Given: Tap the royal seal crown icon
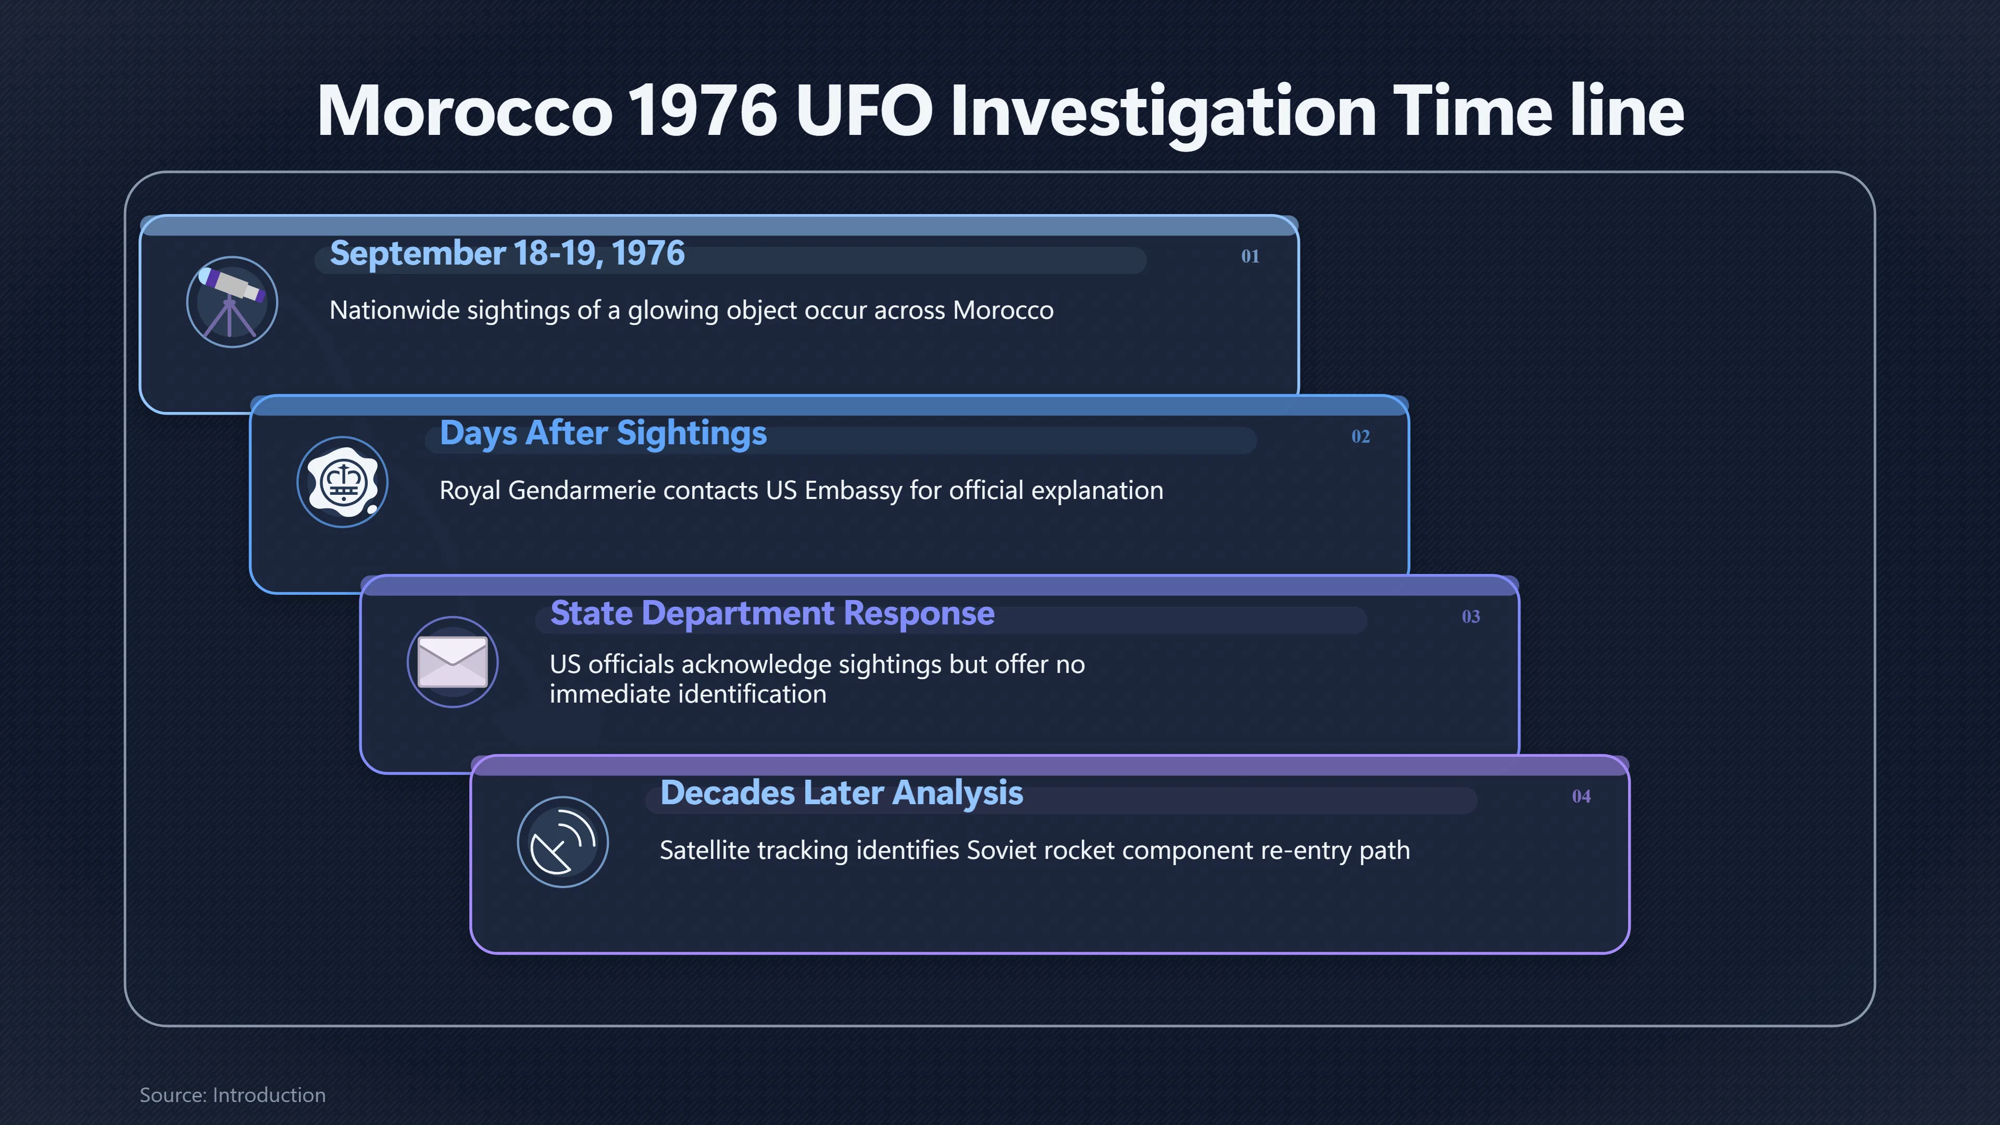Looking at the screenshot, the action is pyautogui.click(x=342, y=482).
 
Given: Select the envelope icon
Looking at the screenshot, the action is pyautogui.click(x=453, y=662).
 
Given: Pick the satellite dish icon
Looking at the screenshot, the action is pyautogui.click(x=563, y=842).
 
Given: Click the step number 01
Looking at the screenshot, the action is pyautogui.click(x=1250, y=256).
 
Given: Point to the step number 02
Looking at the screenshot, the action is pyautogui.click(x=1360, y=436).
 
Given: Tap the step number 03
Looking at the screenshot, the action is pyautogui.click(x=1470, y=617).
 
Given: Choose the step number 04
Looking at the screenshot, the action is pyautogui.click(x=1581, y=796).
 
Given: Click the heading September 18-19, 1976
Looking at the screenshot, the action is pyautogui.click(x=507, y=254).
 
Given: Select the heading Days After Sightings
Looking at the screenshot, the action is pyautogui.click(x=603, y=434).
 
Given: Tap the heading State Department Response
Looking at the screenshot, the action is pyautogui.click(x=772, y=614).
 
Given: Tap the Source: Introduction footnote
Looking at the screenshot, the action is pyautogui.click(x=232, y=1095).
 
